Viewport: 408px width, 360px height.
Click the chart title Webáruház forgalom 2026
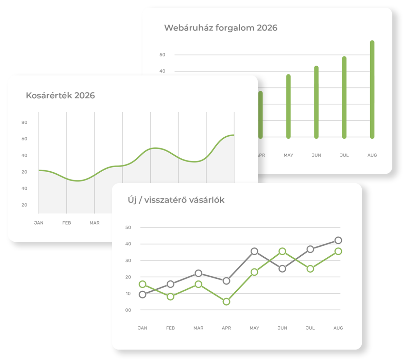click(x=221, y=28)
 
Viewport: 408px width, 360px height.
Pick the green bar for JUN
click(x=316, y=102)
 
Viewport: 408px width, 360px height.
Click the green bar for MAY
click(x=288, y=106)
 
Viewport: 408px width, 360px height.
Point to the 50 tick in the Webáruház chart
click(x=162, y=55)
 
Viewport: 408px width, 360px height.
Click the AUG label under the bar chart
click(x=372, y=155)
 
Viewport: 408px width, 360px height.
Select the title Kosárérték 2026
click(x=60, y=96)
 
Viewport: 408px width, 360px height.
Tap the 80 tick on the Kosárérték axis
click(x=24, y=122)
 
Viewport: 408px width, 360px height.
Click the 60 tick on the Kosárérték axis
click(x=24, y=139)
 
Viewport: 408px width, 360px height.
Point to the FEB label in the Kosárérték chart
click(x=67, y=223)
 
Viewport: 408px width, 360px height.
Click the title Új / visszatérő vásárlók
click(x=176, y=200)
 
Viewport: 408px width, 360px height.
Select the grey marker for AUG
click(x=338, y=240)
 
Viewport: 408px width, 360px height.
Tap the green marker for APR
click(x=226, y=302)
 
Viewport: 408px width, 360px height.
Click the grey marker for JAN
click(x=143, y=294)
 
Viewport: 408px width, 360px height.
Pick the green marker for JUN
click(x=282, y=251)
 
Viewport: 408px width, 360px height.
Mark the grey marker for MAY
click(x=254, y=251)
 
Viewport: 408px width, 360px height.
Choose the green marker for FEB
click(x=171, y=296)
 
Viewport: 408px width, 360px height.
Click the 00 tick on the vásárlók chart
click(x=128, y=310)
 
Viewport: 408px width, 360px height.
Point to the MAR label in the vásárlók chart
click(x=199, y=328)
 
